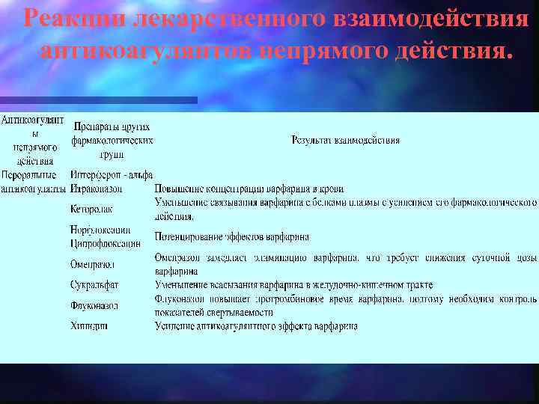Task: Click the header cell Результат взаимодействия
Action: pyautogui.click(x=346, y=140)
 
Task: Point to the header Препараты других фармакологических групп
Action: pyautogui.click(x=112, y=140)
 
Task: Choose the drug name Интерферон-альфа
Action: pyautogui.click(x=112, y=175)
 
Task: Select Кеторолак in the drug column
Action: pyautogui.click(x=92, y=209)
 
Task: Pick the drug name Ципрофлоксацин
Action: pyautogui.click(x=105, y=243)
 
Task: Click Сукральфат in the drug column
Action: pyautogui.click(x=94, y=285)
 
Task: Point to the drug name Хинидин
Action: pyautogui.click(x=89, y=326)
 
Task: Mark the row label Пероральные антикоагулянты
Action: pyautogui.click(x=33, y=182)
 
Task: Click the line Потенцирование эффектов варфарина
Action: pyautogui.click(x=231, y=237)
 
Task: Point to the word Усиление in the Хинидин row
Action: pyautogui.click(x=173, y=326)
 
